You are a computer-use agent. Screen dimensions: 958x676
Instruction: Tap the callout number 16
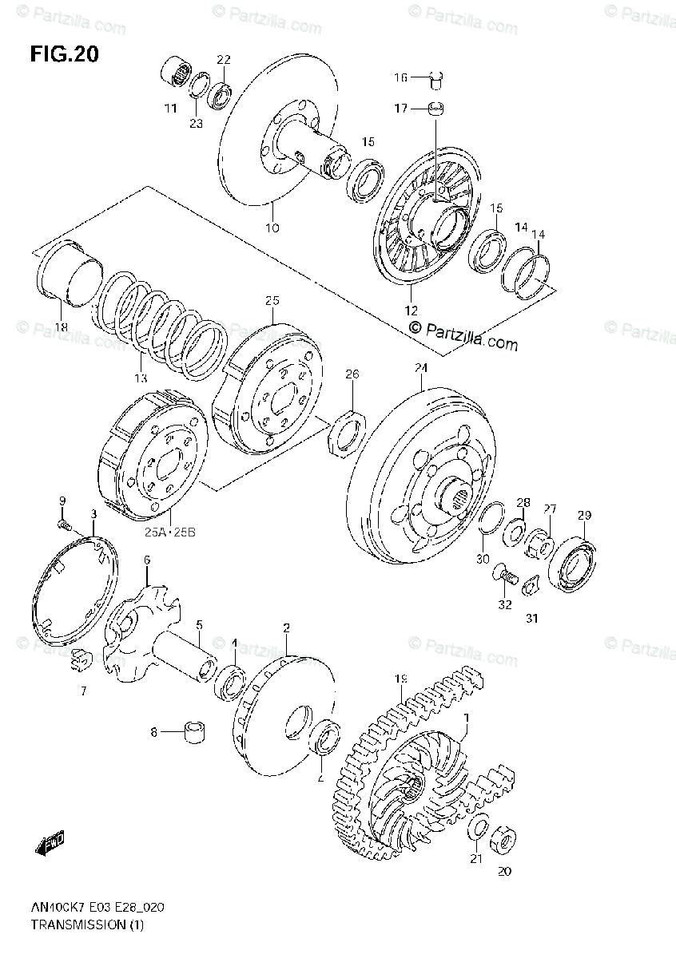pos(400,77)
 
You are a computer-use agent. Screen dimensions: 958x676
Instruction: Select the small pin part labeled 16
pos(435,78)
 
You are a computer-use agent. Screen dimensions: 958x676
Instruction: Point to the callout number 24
pos(421,368)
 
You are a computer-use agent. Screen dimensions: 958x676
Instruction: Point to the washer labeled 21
pos(478,829)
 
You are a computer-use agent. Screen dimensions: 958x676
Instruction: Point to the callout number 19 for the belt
pos(400,679)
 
